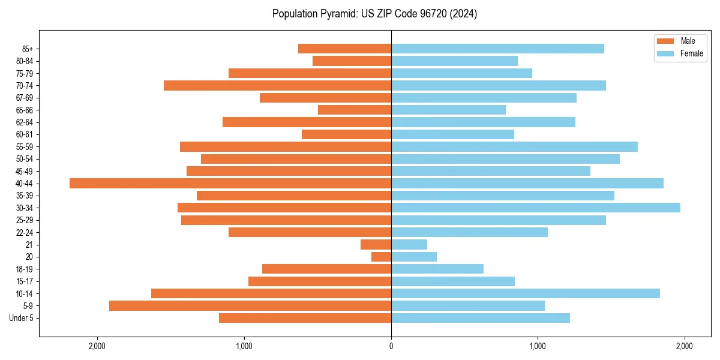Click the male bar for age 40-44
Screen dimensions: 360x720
coord(230,184)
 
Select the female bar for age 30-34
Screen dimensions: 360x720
coord(536,208)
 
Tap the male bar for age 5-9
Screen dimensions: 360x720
coord(250,306)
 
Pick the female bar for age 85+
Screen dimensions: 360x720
coord(497,49)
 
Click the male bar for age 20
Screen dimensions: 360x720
coord(382,257)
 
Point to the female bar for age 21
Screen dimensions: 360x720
coord(409,245)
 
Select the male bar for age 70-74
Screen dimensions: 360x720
coord(277,86)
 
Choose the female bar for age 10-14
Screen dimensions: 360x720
coord(526,293)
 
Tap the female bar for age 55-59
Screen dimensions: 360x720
coord(514,147)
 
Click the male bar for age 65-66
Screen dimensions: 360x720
coord(355,110)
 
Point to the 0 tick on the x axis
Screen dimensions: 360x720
coord(391,346)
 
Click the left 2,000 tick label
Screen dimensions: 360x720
coord(97,346)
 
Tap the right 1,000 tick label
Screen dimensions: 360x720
coord(538,346)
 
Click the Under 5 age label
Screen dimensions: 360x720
coord(21,318)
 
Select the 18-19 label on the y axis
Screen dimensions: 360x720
coord(25,269)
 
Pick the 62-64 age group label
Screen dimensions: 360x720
coord(25,122)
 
